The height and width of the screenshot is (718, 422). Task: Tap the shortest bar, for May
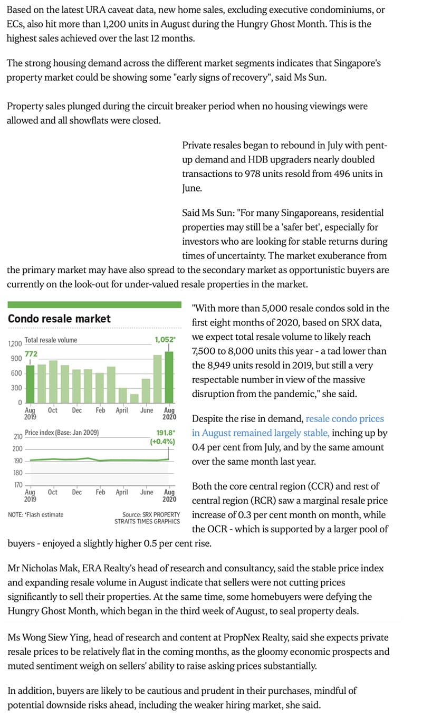(x=134, y=398)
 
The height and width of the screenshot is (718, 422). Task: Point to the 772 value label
(x=31, y=353)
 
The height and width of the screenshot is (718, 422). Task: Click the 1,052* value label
(x=165, y=340)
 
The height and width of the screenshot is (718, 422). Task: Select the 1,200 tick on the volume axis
(x=15, y=344)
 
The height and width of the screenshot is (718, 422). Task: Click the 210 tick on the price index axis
(x=17, y=437)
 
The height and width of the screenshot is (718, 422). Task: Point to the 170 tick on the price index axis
(x=17, y=485)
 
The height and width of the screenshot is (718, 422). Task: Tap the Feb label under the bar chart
(x=100, y=410)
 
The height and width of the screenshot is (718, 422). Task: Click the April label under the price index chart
(x=122, y=492)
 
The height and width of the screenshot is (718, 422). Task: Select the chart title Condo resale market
(x=59, y=319)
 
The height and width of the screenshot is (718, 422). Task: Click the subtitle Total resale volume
(x=51, y=340)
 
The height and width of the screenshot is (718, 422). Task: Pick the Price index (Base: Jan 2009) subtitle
(x=62, y=433)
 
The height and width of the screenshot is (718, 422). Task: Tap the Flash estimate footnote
(x=36, y=514)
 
